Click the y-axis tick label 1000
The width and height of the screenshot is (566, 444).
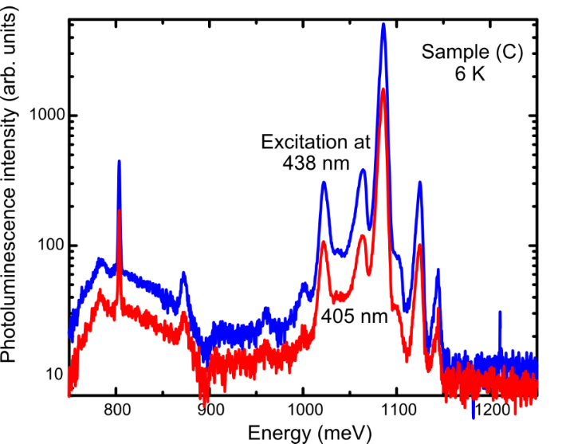[x=46, y=116]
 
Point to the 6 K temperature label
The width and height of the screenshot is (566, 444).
[x=472, y=77]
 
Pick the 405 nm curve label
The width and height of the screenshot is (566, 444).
[x=354, y=316]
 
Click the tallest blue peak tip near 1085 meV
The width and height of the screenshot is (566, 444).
[x=383, y=24]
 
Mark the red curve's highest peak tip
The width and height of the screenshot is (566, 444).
[x=383, y=88]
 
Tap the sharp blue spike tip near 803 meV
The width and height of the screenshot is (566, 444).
[x=119, y=161]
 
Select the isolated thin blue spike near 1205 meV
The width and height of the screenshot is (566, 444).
[x=500, y=312]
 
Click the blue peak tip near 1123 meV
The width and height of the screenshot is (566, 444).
[x=419, y=183]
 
